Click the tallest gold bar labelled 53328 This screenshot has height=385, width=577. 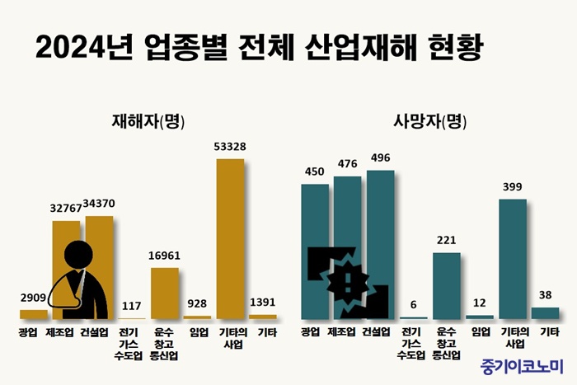(x=230, y=238)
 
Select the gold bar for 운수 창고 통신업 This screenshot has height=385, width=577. (x=165, y=293)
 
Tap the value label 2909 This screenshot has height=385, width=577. (x=33, y=299)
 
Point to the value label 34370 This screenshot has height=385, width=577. (x=100, y=204)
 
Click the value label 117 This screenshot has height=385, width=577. (x=132, y=306)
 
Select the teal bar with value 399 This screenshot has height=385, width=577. (x=512, y=258)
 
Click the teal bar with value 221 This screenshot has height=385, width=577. (x=446, y=285)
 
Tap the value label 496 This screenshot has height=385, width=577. (x=380, y=158)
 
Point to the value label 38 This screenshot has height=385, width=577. (x=545, y=295)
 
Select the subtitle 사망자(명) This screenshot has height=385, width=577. (x=429, y=121)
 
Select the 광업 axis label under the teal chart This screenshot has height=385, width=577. (x=310, y=332)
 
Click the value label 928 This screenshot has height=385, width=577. (x=198, y=304)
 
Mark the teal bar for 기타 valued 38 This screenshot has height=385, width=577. (x=545, y=312)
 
